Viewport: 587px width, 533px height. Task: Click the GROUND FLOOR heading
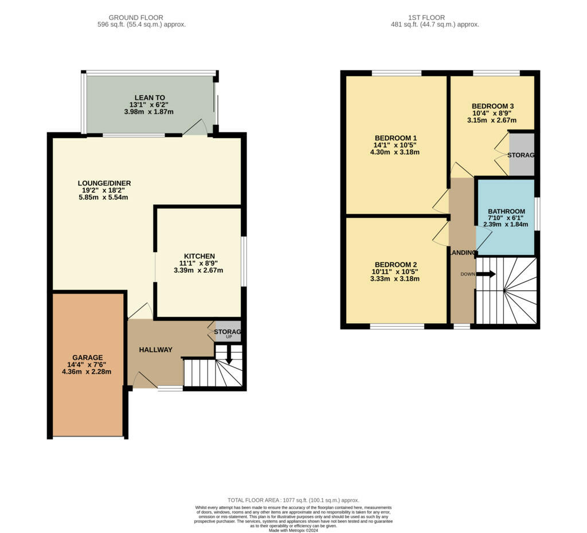click(x=136, y=18)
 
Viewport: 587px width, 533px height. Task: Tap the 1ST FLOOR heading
click(x=426, y=18)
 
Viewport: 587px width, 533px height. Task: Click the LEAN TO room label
click(x=150, y=97)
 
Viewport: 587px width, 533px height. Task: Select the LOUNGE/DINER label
click(x=104, y=183)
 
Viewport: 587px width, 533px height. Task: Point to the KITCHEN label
click(x=199, y=256)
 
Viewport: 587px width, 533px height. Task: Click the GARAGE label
click(x=88, y=358)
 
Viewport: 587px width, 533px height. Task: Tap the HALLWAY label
click(x=156, y=350)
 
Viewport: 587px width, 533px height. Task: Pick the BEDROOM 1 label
click(x=396, y=138)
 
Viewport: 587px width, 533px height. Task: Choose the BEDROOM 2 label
click(x=396, y=265)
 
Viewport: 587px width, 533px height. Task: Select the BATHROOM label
click(x=507, y=211)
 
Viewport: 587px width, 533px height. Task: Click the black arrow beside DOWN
click(x=486, y=275)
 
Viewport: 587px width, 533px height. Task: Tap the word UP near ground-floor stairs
click(x=229, y=337)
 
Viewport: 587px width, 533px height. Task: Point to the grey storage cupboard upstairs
click(x=522, y=154)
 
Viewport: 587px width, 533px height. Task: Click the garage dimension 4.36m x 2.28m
click(x=87, y=372)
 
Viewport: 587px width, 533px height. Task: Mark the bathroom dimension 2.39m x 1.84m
click(x=506, y=224)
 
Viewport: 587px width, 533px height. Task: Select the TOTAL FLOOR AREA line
click(x=293, y=500)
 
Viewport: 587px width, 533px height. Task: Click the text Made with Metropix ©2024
click(x=293, y=530)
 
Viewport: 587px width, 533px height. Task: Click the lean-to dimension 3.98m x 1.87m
click(x=148, y=112)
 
